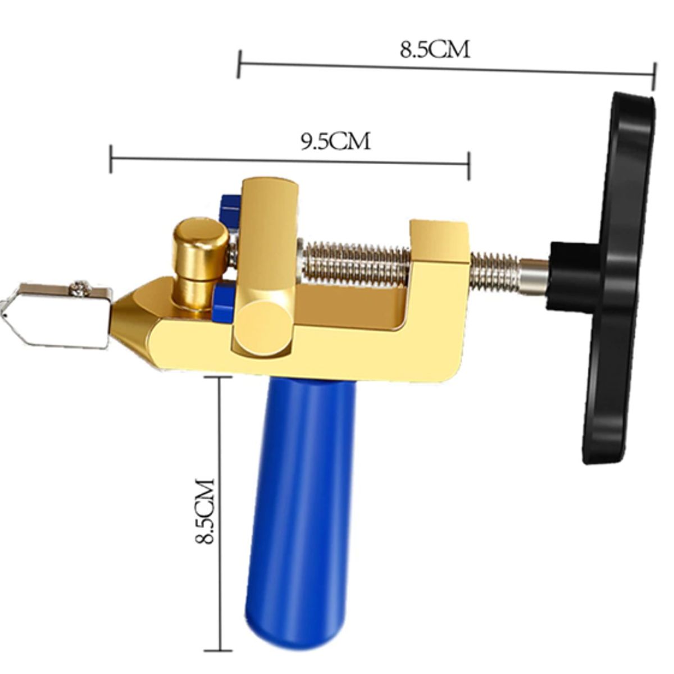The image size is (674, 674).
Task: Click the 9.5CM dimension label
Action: tap(335, 142)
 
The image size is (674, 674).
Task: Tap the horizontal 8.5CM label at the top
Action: tap(434, 49)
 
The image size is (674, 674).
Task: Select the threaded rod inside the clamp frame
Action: tap(355, 263)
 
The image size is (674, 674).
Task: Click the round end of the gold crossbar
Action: tap(262, 327)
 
